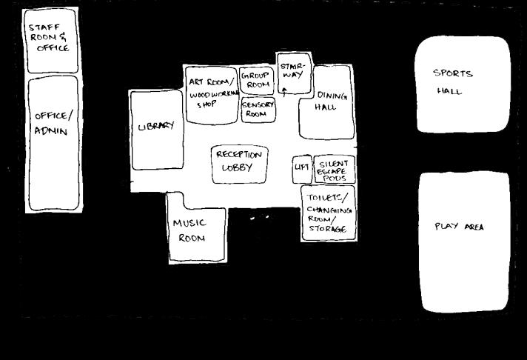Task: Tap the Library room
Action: point(156,130)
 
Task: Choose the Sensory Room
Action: point(258,110)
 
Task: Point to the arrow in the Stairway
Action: point(283,91)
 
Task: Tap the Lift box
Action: point(301,168)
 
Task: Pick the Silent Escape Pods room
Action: point(335,170)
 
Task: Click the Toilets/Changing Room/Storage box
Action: point(328,213)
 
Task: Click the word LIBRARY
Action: point(156,126)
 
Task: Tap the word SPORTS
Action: point(453,73)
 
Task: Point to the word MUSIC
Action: point(189,223)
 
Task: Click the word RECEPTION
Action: point(238,156)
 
